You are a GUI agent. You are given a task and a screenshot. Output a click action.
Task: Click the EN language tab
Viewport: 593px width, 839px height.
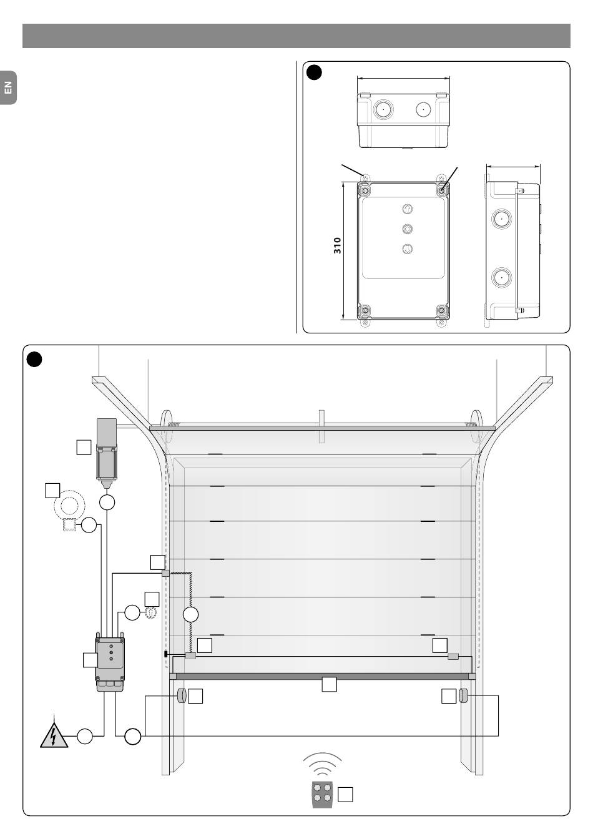point(8,87)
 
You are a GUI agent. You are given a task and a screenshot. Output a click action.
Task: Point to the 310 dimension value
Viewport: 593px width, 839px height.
point(338,245)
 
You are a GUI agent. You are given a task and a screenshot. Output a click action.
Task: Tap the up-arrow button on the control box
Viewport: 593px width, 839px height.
point(407,209)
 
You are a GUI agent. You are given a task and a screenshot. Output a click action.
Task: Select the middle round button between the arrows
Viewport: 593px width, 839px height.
point(407,229)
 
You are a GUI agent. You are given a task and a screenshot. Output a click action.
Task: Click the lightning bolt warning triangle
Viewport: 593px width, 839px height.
point(54,735)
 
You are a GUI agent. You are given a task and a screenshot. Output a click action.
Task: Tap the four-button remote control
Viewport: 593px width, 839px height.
point(322,795)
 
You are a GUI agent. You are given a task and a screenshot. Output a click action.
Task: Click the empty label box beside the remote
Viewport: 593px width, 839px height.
point(345,795)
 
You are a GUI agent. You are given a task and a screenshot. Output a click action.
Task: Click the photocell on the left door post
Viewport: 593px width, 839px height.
point(182,695)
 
